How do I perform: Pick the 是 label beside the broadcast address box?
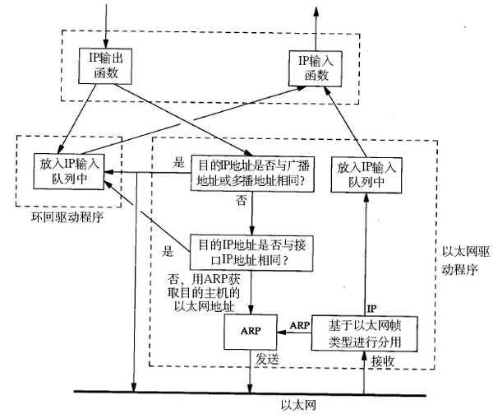(x=178, y=163)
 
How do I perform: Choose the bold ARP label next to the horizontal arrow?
(x=299, y=326)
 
